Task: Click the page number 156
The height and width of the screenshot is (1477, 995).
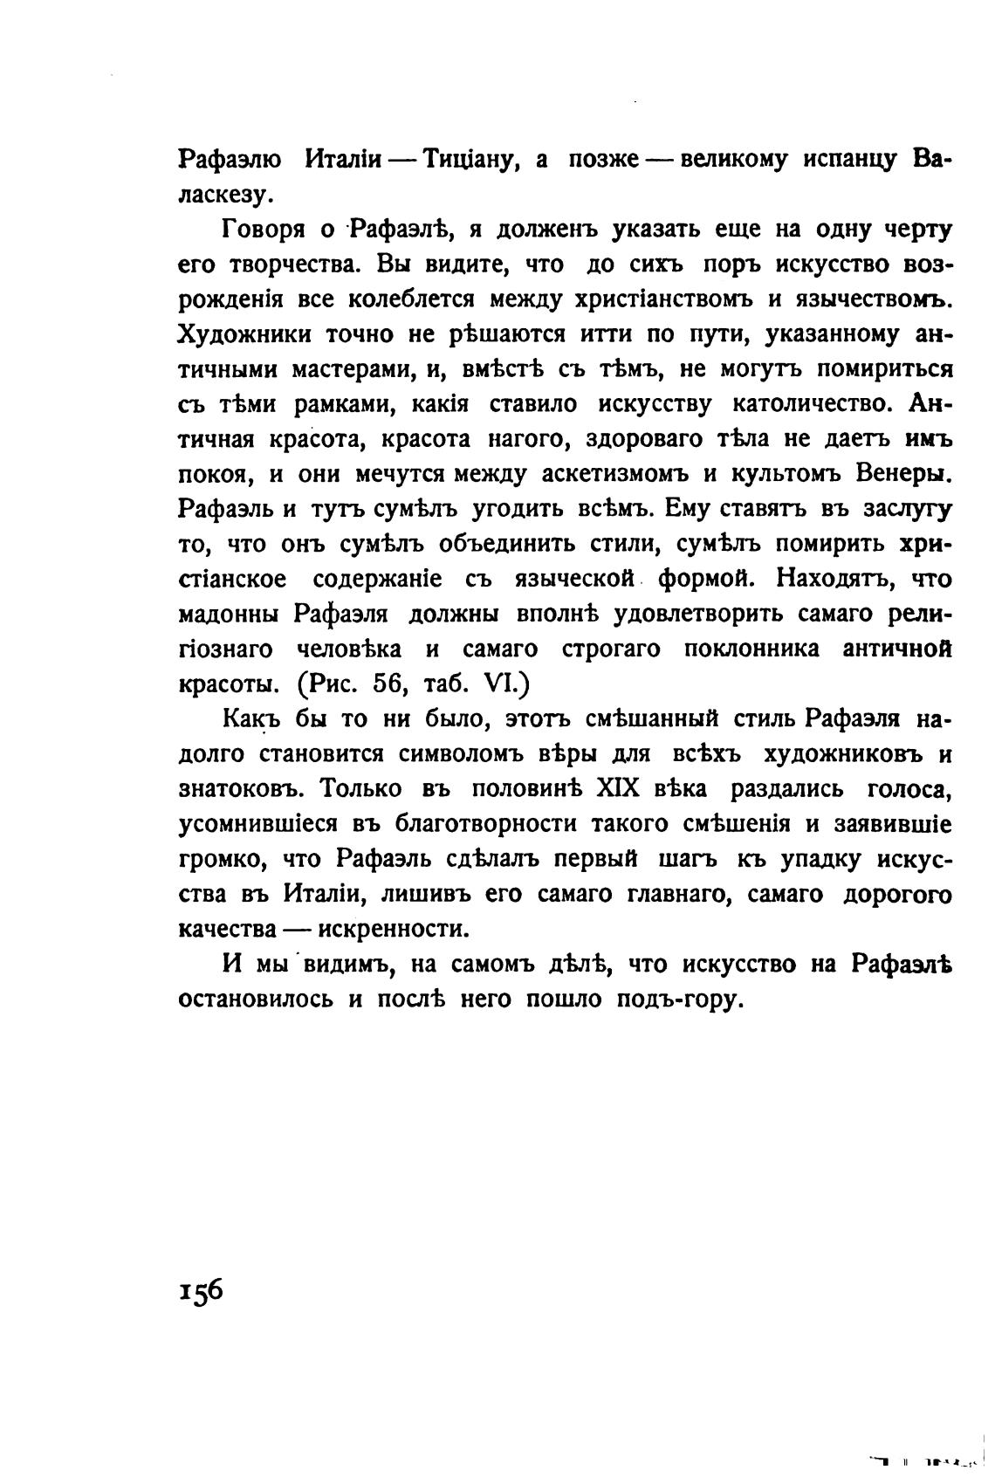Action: coord(202,1290)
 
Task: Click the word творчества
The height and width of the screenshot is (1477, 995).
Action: coord(292,264)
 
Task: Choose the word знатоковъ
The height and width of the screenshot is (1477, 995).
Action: coord(240,789)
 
